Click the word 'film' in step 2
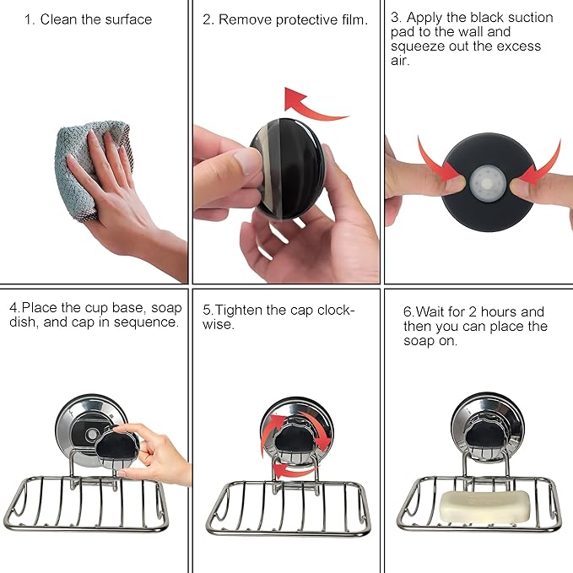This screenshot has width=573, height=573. (x=349, y=19)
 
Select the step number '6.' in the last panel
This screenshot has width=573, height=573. (x=408, y=311)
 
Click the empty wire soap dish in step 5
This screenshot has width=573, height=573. (x=287, y=506)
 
